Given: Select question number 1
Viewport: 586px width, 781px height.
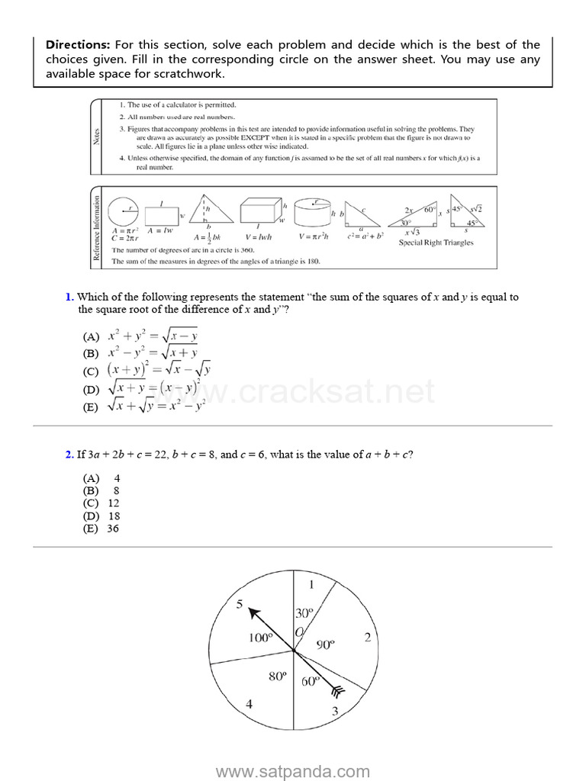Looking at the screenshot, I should point(69,297).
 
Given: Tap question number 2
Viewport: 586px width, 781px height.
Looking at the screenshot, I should point(69,455).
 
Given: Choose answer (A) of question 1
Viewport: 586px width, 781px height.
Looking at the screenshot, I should point(140,336).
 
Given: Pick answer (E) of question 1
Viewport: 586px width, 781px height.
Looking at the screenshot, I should point(143,407).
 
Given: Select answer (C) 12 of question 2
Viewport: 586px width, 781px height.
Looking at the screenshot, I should point(101,503).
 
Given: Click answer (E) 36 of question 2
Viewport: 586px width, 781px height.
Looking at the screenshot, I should point(101,529).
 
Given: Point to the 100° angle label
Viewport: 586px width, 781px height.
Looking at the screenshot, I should point(260,638).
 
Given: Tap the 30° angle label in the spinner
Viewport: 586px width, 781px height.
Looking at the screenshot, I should point(304,613).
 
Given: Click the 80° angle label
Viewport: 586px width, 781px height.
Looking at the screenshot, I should point(277,677).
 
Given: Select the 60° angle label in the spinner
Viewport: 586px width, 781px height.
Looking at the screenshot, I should point(310,682).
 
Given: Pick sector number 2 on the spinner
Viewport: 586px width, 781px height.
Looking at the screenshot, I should point(367,638).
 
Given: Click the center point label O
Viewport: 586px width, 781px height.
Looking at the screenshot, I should point(299,632).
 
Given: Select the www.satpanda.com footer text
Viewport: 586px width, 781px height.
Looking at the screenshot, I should point(293,771).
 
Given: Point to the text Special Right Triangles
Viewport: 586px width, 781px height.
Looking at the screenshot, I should point(436,243).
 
